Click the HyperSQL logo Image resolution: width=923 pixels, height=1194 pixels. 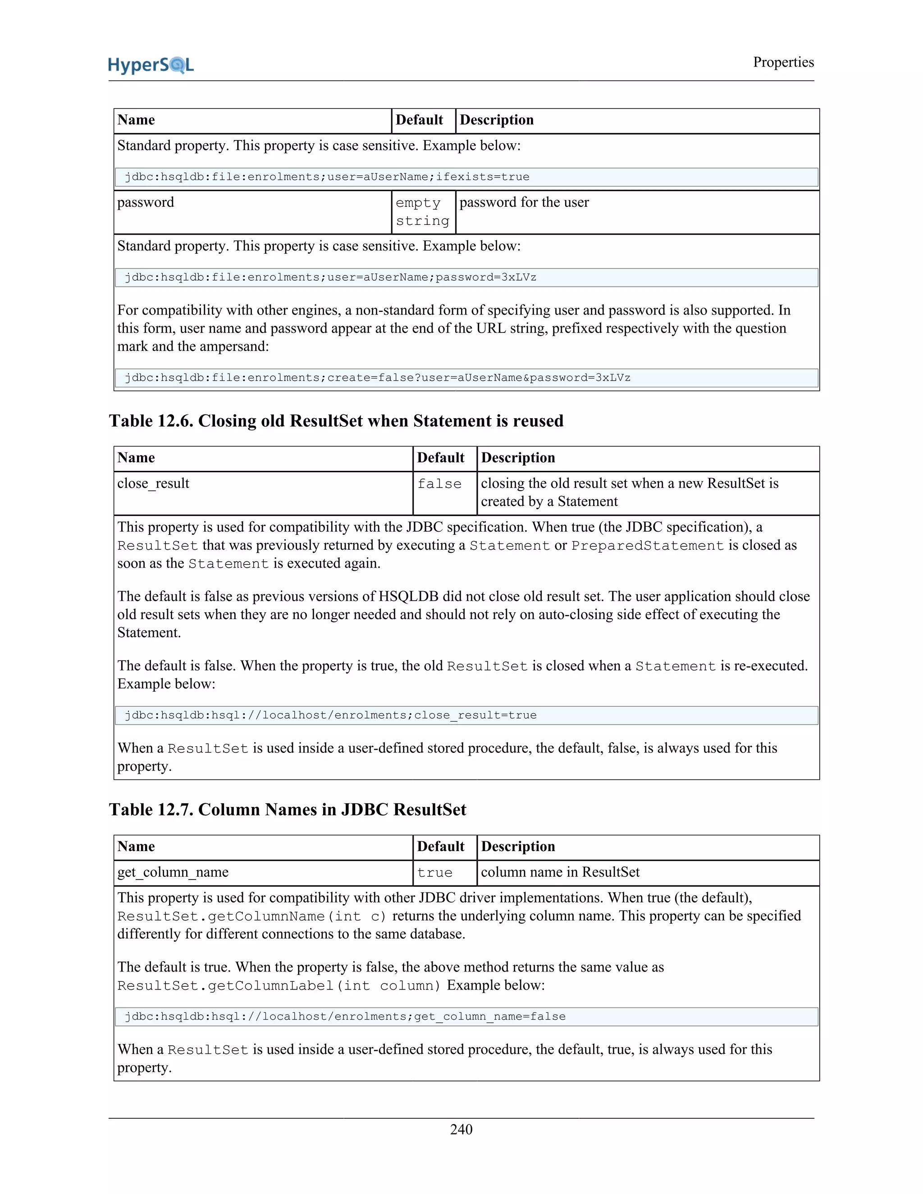tap(151, 64)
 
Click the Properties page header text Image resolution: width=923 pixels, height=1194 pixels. tap(783, 62)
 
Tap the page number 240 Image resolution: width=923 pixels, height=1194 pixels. tap(461, 1129)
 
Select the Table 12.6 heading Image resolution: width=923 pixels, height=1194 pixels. tap(336, 420)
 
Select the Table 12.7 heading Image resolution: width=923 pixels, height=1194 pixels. tap(287, 809)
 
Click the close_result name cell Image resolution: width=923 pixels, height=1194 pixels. tap(153, 483)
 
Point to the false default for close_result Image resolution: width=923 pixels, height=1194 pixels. tap(439, 484)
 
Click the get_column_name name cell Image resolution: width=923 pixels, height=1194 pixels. tap(173, 872)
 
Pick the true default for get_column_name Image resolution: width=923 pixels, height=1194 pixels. tap(435, 873)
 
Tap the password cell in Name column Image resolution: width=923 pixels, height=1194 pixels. tap(146, 202)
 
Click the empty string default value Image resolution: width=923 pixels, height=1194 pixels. tap(422, 212)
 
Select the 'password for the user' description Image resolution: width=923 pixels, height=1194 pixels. tap(524, 202)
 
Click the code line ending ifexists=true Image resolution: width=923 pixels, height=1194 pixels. tap(327, 177)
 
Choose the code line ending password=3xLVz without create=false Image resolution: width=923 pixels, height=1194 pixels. tap(330, 277)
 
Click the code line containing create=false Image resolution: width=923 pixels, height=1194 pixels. tap(377, 378)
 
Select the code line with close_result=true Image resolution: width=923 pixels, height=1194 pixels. tap(330, 715)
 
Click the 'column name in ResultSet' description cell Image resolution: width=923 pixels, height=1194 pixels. tap(560, 872)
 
